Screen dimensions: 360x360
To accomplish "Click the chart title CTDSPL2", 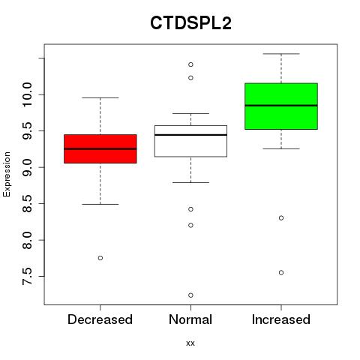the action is tap(190, 23).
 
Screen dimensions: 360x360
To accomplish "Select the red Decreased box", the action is tap(100, 149).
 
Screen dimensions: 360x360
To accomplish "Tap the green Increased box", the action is tap(281, 106).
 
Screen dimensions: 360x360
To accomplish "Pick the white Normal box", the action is tap(190, 141).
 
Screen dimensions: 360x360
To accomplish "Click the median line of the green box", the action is tap(281, 106).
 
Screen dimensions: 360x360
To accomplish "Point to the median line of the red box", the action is tap(100, 148).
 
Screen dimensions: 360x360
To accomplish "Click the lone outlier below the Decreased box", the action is tap(100, 258).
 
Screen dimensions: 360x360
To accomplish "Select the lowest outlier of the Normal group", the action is tap(190, 295).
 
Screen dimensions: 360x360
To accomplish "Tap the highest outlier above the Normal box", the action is tap(190, 64).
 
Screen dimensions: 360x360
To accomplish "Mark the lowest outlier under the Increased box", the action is tap(281, 272).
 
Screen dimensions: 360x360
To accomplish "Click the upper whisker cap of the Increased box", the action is tap(281, 54).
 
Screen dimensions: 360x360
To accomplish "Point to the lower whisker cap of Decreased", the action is tap(100, 204).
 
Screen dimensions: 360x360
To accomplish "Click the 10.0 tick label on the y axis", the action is tap(27, 94).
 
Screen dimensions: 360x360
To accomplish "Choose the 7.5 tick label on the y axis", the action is tap(27, 277).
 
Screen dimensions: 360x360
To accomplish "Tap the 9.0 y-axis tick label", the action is tap(27, 167).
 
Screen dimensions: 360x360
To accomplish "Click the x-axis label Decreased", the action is tap(100, 319).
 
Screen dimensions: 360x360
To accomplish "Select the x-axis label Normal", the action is tap(190, 319).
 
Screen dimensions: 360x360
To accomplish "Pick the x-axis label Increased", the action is tap(281, 319).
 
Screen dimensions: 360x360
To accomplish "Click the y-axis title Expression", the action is tap(7, 174).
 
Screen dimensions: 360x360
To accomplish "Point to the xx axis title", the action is tap(190, 343).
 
